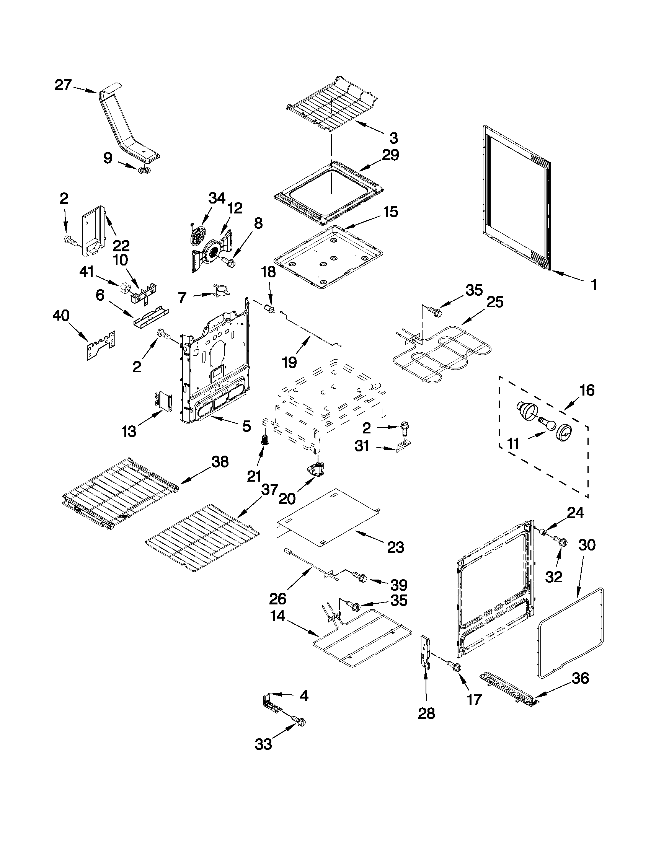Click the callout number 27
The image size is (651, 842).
tap(63, 85)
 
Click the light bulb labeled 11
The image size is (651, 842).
tap(547, 423)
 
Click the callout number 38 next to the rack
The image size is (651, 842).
tap(220, 461)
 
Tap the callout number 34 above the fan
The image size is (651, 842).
tap(216, 198)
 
